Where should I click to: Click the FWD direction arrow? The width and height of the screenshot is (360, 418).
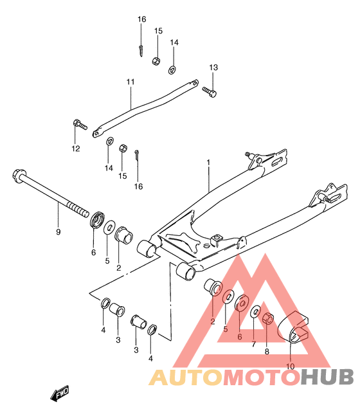click(60, 393)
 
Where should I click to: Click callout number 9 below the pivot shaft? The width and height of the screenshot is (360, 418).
click(59, 232)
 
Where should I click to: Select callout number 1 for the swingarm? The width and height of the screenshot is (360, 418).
click(208, 162)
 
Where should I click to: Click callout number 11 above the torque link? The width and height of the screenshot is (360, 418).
click(130, 82)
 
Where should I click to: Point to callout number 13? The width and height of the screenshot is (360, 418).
click(213, 68)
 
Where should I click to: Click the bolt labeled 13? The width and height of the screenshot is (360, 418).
click(209, 91)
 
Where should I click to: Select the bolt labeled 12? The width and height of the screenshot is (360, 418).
click(80, 125)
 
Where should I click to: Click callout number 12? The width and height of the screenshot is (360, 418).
click(76, 148)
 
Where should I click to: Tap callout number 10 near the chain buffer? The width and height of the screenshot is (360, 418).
click(291, 367)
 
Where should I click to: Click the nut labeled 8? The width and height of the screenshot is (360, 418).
click(268, 318)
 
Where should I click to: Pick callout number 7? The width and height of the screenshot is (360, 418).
click(253, 344)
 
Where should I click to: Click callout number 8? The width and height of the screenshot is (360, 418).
click(267, 352)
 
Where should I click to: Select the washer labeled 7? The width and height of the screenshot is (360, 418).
click(255, 311)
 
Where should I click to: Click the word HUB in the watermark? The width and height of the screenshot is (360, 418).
click(327, 377)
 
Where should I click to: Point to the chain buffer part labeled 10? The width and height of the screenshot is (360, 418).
click(292, 327)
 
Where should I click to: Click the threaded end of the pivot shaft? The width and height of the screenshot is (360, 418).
click(78, 209)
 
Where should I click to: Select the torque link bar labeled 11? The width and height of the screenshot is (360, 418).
click(145, 109)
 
